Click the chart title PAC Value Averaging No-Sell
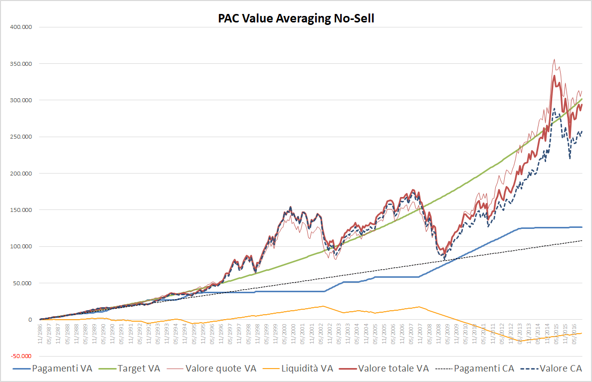pyautogui.click(x=296, y=18)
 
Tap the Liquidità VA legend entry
pyautogui.click(x=305, y=369)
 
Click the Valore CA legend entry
pyautogui.click(x=558, y=369)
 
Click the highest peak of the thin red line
pyautogui.click(x=554, y=59)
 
